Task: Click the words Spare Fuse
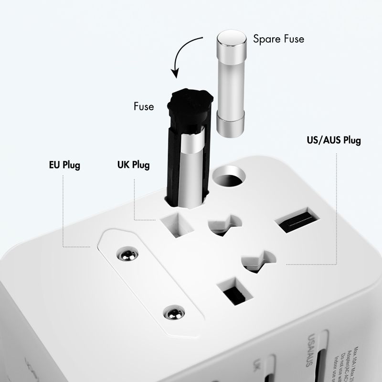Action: [278, 39]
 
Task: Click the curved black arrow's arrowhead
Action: [175, 73]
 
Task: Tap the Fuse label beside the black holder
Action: [143, 106]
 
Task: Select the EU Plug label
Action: [64, 166]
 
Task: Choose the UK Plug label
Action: [133, 165]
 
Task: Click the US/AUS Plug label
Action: [333, 140]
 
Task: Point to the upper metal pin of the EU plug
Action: [127, 254]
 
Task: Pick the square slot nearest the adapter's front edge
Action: [234, 290]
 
